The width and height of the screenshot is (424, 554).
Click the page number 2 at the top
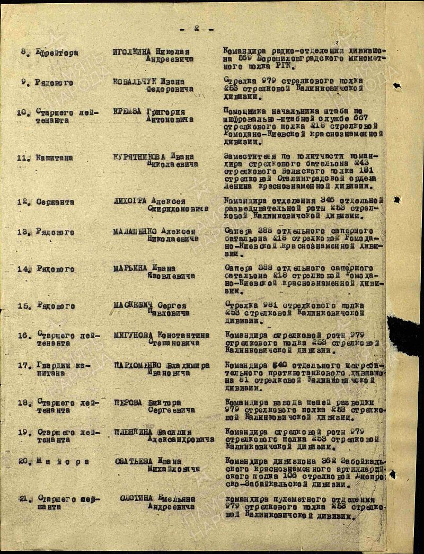196,29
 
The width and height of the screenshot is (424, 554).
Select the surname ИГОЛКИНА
132,52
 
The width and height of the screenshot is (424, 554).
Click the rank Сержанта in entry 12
55,202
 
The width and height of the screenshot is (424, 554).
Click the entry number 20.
23,461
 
